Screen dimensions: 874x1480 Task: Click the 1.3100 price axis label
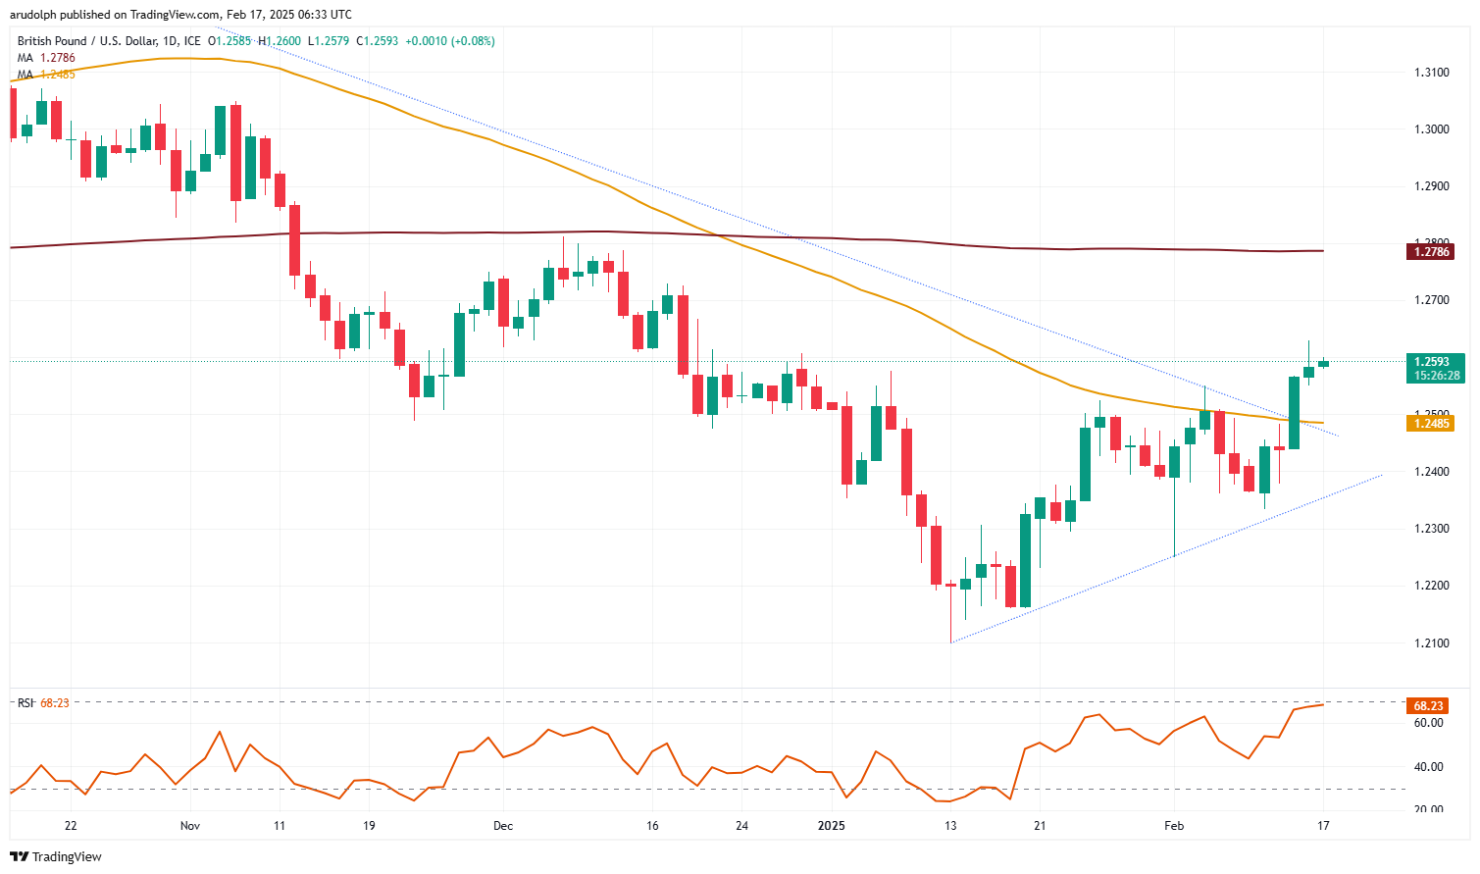coord(1432,73)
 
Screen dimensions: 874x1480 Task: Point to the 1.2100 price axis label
coord(1432,643)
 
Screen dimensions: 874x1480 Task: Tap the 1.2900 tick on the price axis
coord(1432,186)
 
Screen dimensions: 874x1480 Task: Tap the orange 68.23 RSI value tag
coord(1428,706)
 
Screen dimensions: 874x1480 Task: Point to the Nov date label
coord(190,826)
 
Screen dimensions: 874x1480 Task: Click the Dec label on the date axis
coord(503,826)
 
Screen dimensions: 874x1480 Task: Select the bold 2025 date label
coord(831,826)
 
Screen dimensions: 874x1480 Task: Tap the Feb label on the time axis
coord(1174,826)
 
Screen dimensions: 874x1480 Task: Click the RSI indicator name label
coord(26,703)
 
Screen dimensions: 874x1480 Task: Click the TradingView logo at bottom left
coord(56,856)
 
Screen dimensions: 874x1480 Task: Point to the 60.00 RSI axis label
coord(1429,723)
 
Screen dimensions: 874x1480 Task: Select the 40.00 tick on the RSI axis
coord(1429,767)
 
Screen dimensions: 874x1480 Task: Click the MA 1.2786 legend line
coord(46,58)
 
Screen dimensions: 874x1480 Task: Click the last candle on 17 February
coord(1323,364)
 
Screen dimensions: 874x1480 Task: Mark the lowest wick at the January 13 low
coord(950,640)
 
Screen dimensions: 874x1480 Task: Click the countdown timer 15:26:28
coord(1438,376)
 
